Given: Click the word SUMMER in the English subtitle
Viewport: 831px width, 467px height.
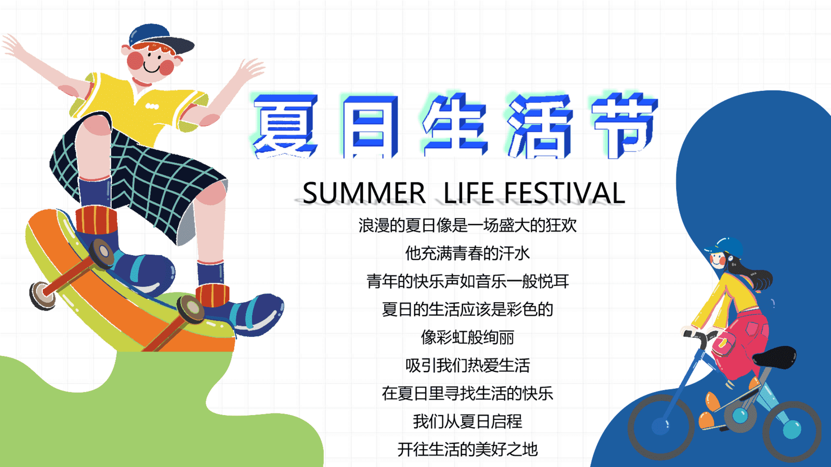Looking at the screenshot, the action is (x=364, y=193).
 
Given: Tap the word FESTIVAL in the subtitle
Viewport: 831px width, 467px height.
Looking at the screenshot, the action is (x=565, y=193).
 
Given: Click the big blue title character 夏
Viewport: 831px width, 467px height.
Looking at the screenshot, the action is (x=285, y=125).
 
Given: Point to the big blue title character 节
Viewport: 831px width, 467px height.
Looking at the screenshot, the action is (x=625, y=125).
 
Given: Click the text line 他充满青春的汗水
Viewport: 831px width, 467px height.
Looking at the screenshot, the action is (x=467, y=253).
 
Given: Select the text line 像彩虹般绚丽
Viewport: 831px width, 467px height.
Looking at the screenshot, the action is (x=467, y=337).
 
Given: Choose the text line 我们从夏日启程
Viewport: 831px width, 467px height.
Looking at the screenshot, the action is (x=467, y=421).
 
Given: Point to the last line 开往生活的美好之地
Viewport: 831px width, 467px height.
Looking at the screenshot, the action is (x=467, y=449).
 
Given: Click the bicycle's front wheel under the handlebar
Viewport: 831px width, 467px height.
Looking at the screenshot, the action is (x=661, y=426).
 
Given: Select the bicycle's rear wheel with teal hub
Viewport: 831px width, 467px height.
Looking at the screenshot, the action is (x=792, y=431).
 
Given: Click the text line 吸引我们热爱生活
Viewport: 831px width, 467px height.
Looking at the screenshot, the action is (x=467, y=365).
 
